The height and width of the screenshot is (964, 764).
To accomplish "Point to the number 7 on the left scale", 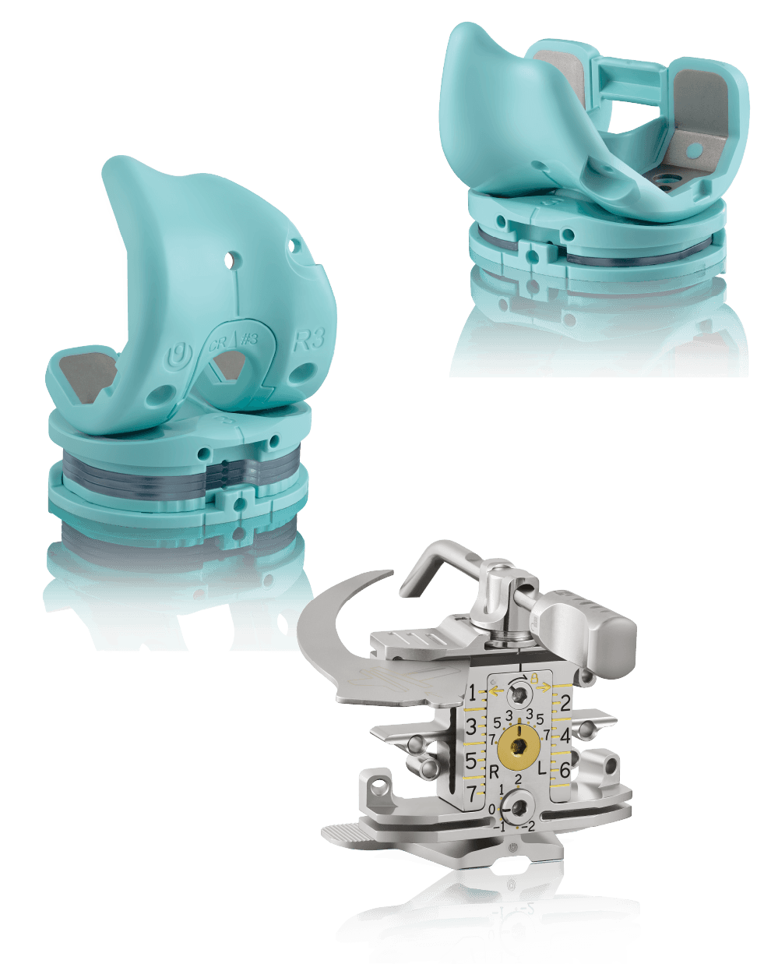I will tap(472, 794).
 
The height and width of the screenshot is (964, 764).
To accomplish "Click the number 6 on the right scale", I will tap(565, 770).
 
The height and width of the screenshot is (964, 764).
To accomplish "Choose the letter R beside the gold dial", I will tap(494, 772).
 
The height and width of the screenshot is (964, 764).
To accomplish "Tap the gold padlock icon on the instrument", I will tap(535, 678).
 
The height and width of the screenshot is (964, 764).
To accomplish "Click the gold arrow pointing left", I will tap(495, 687).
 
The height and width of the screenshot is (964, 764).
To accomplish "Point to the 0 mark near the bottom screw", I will tap(491, 810).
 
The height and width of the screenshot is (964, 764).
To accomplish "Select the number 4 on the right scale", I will tap(565, 736).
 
